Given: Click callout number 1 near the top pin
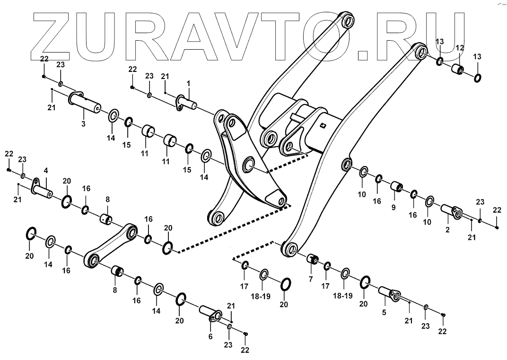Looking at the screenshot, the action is pos(188,84).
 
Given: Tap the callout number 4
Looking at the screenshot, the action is pos(46,171).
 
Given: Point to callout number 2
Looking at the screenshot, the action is pos(448,229).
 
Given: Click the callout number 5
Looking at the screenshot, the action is pos(384,312).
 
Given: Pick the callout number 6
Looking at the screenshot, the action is pos(210,336).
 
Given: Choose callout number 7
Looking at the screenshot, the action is pos(311,279).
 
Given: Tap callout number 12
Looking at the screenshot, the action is pos(459,48).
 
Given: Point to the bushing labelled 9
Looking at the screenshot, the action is pos(396,187).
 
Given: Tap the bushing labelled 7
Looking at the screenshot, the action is pos(313,259).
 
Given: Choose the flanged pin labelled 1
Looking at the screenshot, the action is pos(189,101).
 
